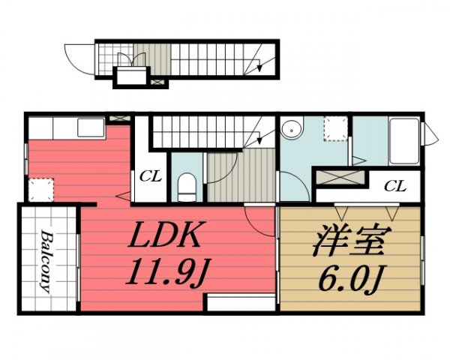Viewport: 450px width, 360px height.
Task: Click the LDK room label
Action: tap(164, 235)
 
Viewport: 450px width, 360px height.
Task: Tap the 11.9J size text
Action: tap(168, 271)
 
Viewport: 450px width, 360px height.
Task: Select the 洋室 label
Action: tap(352, 240)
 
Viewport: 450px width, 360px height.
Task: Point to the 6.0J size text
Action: tap(352, 278)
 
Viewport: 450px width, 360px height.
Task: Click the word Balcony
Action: tap(46, 261)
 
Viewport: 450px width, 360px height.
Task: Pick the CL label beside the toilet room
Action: tap(151, 176)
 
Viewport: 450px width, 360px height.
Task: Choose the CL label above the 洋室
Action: tap(395, 186)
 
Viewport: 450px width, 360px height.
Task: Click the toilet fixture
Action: tap(187, 187)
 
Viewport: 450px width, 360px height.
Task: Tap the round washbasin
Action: tap(292, 129)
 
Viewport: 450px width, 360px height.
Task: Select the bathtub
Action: tap(404, 141)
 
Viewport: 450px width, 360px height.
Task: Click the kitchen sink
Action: tap(91, 127)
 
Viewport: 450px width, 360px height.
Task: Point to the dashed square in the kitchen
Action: tap(41, 190)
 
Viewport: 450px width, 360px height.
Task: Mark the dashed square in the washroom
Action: tap(335, 128)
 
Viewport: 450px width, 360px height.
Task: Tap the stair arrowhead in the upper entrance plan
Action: tap(259, 67)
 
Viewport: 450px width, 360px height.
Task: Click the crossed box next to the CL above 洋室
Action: tap(340, 178)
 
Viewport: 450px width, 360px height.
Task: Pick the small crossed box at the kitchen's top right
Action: tap(120, 118)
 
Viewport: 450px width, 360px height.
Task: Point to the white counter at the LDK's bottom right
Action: tap(241, 302)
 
